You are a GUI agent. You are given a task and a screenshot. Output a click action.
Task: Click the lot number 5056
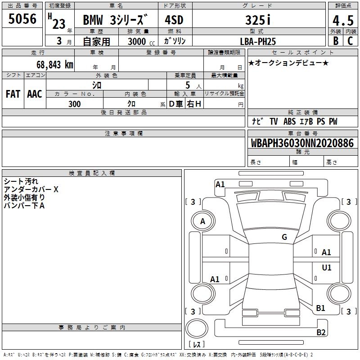point(22,19)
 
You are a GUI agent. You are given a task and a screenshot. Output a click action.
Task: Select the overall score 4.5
point(343,21)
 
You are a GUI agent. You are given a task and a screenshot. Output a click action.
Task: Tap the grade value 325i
point(258,20)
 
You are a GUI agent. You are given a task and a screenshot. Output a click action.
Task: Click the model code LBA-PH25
point(258,41)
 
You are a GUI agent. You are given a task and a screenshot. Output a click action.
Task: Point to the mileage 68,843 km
point(55,65)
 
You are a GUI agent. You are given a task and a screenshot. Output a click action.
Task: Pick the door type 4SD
point(174,20)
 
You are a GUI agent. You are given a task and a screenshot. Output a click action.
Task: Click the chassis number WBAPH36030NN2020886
point(302,143)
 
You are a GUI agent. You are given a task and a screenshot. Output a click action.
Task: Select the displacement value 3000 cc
point(141,41)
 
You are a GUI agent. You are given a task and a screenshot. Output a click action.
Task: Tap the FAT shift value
point(13,94)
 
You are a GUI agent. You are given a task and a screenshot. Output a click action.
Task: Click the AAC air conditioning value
point(35,94)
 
